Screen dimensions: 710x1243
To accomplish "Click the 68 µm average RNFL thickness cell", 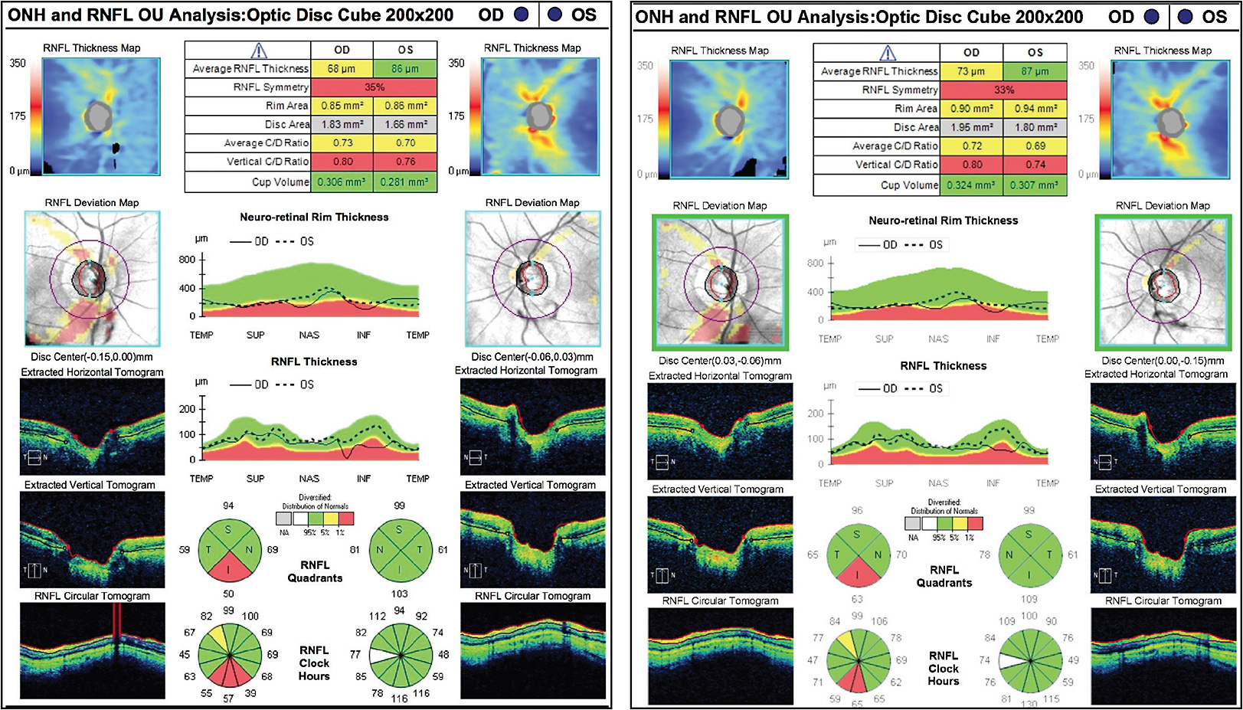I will click(x=342, y=69).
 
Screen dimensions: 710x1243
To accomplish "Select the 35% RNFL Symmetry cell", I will click(x=374, y=87).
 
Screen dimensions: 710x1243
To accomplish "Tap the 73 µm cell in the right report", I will click(x=971, y=71).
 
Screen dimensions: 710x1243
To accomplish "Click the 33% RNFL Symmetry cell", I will click(x=1003, y=90).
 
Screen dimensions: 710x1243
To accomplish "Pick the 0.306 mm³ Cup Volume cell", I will click(x=342, y=182).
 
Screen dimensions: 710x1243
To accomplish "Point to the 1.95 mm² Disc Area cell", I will click(x=971, y=127).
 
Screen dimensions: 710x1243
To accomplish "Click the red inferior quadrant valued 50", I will click(x=228, y=568).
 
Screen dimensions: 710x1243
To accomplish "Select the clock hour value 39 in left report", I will click(x=250, y=693).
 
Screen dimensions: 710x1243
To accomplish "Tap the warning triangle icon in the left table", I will click(x=259, y=51).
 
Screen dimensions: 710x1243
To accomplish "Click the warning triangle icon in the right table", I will click(x=888, y=53).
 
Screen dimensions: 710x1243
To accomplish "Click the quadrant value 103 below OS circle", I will click(x=399, y=594).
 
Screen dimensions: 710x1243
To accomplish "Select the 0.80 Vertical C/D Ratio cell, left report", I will click(x=342, y=162).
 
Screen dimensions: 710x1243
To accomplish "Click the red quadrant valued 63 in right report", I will click(x=857, y=574).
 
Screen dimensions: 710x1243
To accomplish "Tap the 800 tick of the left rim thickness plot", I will click(x=188, y=260).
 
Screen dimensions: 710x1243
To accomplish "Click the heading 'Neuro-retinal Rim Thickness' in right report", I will click(x=943, y=221).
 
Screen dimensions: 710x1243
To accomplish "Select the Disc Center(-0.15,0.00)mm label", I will click(x=92, y=357).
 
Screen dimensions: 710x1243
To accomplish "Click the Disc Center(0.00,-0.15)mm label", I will click(x=1163, y=361).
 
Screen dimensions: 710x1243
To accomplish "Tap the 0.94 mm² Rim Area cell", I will click(x=1035, y=109).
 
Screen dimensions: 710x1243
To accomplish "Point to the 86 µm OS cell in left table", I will click(x=405, y=69).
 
